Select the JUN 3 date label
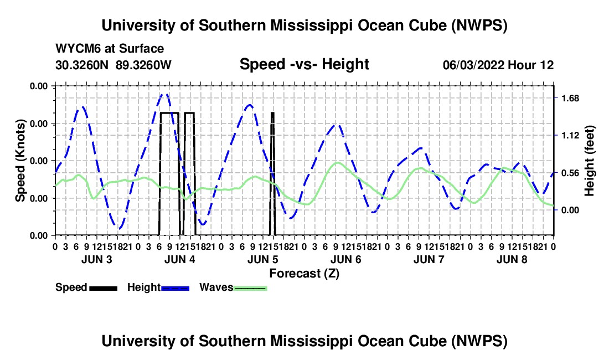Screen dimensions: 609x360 pos(97,259)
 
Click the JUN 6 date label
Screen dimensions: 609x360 pos(345,259)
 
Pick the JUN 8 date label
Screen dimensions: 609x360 pos(512,259)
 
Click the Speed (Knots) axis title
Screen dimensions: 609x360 pos(20,161)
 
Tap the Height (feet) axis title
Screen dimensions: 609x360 pos(589,161)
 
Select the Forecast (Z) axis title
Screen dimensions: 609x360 pos(304,274)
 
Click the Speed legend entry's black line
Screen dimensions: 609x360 pos(104,288)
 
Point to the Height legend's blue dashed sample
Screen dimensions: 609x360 pos(175,288)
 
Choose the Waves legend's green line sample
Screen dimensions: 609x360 pos(250,288)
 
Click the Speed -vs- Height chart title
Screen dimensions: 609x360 pos(304,64)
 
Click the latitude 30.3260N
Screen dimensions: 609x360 pos(82,65)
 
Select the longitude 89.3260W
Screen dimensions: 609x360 pos(143,65)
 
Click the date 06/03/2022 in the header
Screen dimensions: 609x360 pos(473,65)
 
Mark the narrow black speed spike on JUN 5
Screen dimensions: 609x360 pos(272,173)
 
